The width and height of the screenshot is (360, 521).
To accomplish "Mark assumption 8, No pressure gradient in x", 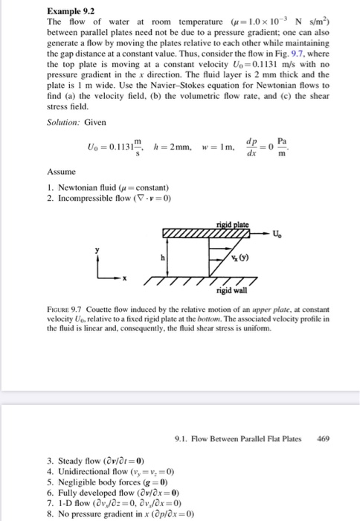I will click(119, 514).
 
